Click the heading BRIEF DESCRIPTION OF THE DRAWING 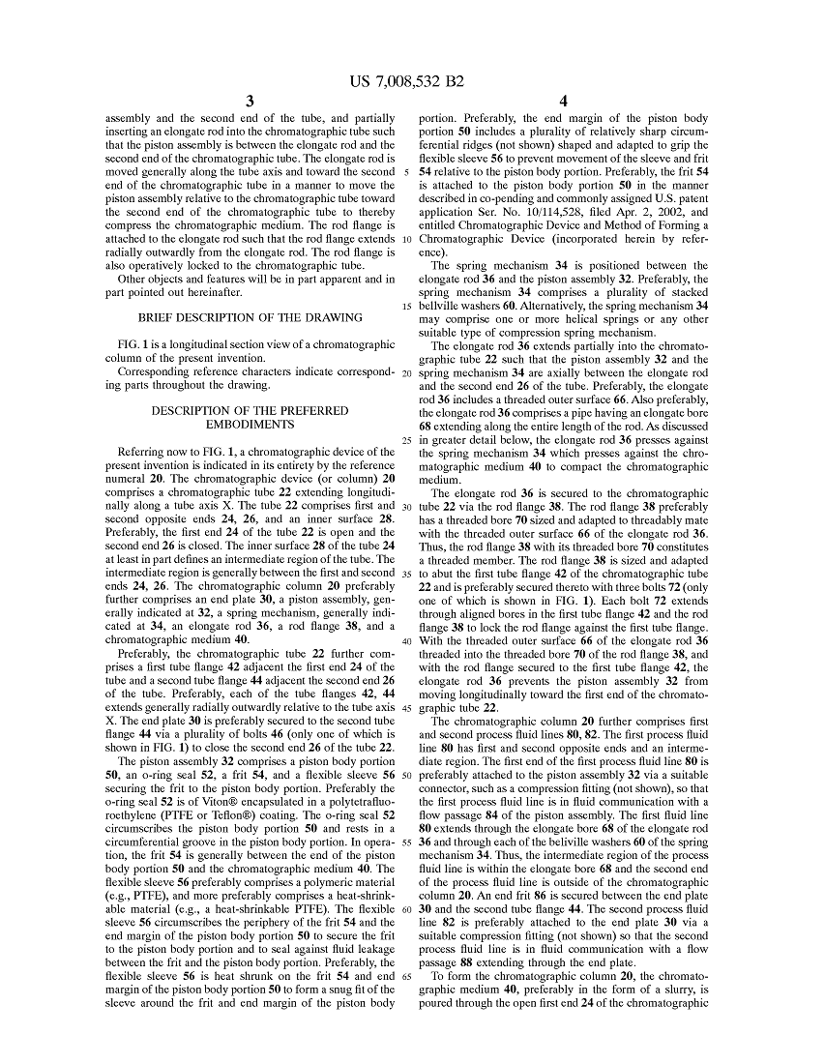[x=250, y=317]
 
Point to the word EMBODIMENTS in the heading [x=250, y=424]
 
